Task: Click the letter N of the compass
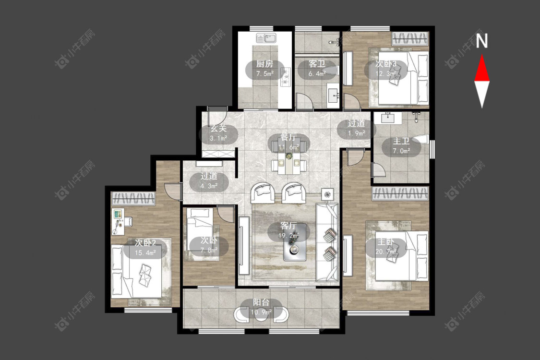click(482, 41)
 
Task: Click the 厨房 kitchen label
click(265, 64)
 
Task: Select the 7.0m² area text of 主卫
click(401, 151)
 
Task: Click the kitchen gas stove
click(286, 77)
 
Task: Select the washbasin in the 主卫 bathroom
click(389, 118)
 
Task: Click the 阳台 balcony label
click(262, 302)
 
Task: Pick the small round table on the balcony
click(262, 315)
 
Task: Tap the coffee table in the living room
click(295, 242)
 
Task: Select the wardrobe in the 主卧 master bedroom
click(400, 193)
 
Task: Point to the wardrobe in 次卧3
click(409, 38)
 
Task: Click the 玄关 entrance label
click(219, 129)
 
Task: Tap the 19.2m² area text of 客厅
click(288, 236)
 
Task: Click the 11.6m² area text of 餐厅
click(288, 147)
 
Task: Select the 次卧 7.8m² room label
click(209, 245)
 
